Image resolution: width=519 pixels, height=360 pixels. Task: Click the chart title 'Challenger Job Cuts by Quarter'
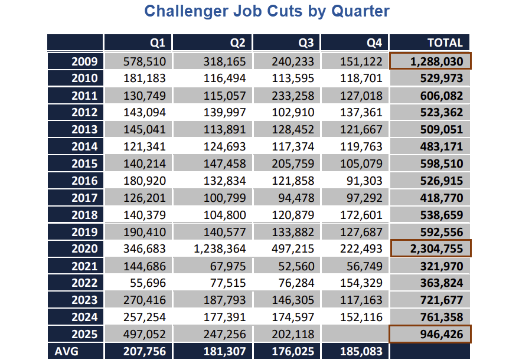click(x=267, y=11)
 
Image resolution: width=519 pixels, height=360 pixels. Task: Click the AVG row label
click(x=67, y=352)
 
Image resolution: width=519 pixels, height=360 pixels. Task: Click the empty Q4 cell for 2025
click(x=355, y=335)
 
